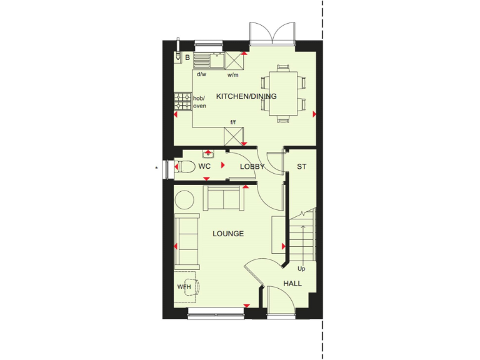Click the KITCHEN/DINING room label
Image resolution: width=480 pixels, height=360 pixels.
pyautogui.click(x=246, y=96)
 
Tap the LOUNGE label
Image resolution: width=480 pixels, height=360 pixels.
pyautogui.click(x=227, y=234)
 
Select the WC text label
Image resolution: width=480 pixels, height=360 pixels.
pyautogui.click(x=204, y=167)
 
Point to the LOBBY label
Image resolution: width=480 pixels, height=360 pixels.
pyautogui.click(x=252, y=167)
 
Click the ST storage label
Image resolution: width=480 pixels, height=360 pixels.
pyautogui.click(x=301, y=167)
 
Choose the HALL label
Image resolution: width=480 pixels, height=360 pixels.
pyautogui.click(x=292, y=283)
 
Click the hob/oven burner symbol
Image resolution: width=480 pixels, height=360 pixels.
pyautogui.click(x=182, y=101)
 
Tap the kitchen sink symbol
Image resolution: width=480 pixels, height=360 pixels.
pyautogui.click(x=208, y=61)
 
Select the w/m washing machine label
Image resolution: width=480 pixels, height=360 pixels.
pyautogui.click(x=233, y=75)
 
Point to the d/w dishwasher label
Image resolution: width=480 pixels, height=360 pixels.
pyautogui.click(x=201, y=74)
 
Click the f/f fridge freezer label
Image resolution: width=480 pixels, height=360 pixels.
pyautogui.click(x=233, y=122)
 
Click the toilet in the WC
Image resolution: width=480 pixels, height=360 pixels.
pyautogui.click(x=182, y=167)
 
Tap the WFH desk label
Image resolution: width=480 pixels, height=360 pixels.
pyautogui.click(x=183, y=287)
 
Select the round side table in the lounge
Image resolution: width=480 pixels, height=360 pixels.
pyautogui.click(x=185, y=200)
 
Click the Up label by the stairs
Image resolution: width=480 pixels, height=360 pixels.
pyautogui.click(x=301, y=269)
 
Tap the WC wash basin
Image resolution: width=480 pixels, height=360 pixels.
pyautogui.click(x=208, y=153)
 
